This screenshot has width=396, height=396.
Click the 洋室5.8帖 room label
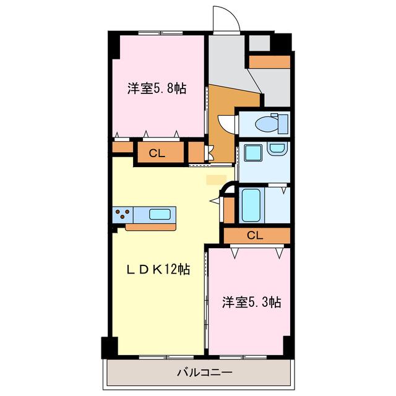coord(157,88)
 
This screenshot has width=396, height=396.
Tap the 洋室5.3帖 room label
coord(252,302)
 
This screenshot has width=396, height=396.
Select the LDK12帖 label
coord(158,270)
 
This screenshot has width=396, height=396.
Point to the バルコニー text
coord(204,372)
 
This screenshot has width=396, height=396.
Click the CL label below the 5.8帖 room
coord(157,153)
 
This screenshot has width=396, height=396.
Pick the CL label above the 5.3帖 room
coord(255,236)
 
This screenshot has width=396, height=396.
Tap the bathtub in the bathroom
coord(251,205)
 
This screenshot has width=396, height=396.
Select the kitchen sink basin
coord(160,215)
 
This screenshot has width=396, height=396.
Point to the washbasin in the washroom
coord(277,148)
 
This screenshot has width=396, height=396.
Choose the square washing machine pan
coord(253,153)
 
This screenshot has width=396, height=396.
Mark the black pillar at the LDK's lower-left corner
coord(110,348)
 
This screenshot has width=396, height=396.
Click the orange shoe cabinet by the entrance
coord(270,62)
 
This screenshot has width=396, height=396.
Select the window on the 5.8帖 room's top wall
coord(160,33)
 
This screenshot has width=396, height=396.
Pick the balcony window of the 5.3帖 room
coord(243,357)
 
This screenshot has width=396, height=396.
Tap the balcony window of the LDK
coord(166,357)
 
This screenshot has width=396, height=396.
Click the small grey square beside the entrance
coord(260,43)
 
